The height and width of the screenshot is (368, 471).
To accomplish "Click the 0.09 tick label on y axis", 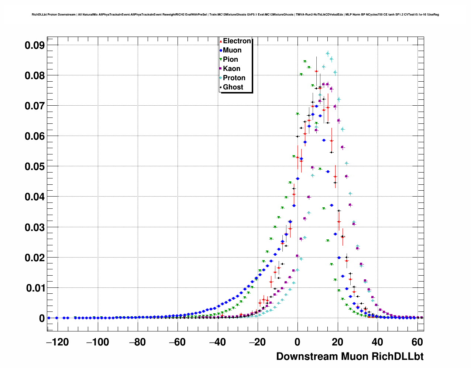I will coord(35,45).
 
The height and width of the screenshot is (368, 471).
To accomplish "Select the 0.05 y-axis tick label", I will coord(35,167).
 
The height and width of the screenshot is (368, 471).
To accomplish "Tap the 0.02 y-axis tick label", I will coord(35,258).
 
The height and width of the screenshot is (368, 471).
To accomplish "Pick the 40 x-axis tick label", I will coord(378,342).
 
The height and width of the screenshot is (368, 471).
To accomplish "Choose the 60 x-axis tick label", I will coord(417,342).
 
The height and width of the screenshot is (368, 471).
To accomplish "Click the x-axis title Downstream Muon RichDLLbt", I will coord(350,357).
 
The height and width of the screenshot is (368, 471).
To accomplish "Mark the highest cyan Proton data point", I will coord(327,54).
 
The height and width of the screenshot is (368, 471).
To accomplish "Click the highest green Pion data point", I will coord(305,62).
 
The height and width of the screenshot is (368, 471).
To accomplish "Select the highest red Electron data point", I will coord(316,71).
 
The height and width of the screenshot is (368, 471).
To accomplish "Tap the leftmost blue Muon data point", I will coord(49,318).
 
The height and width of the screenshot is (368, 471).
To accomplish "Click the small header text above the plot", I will coord(235,15).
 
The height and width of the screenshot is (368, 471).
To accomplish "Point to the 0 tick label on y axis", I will coord(42,318).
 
